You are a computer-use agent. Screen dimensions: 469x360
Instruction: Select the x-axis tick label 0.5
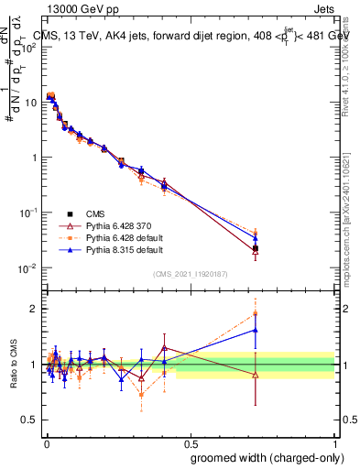(x=190, y=442)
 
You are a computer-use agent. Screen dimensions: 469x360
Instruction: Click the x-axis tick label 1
(x=334, y=442)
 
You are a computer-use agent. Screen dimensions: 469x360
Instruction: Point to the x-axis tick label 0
(x=46, y=442)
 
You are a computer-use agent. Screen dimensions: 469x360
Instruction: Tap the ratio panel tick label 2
(x=35, y=309)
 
